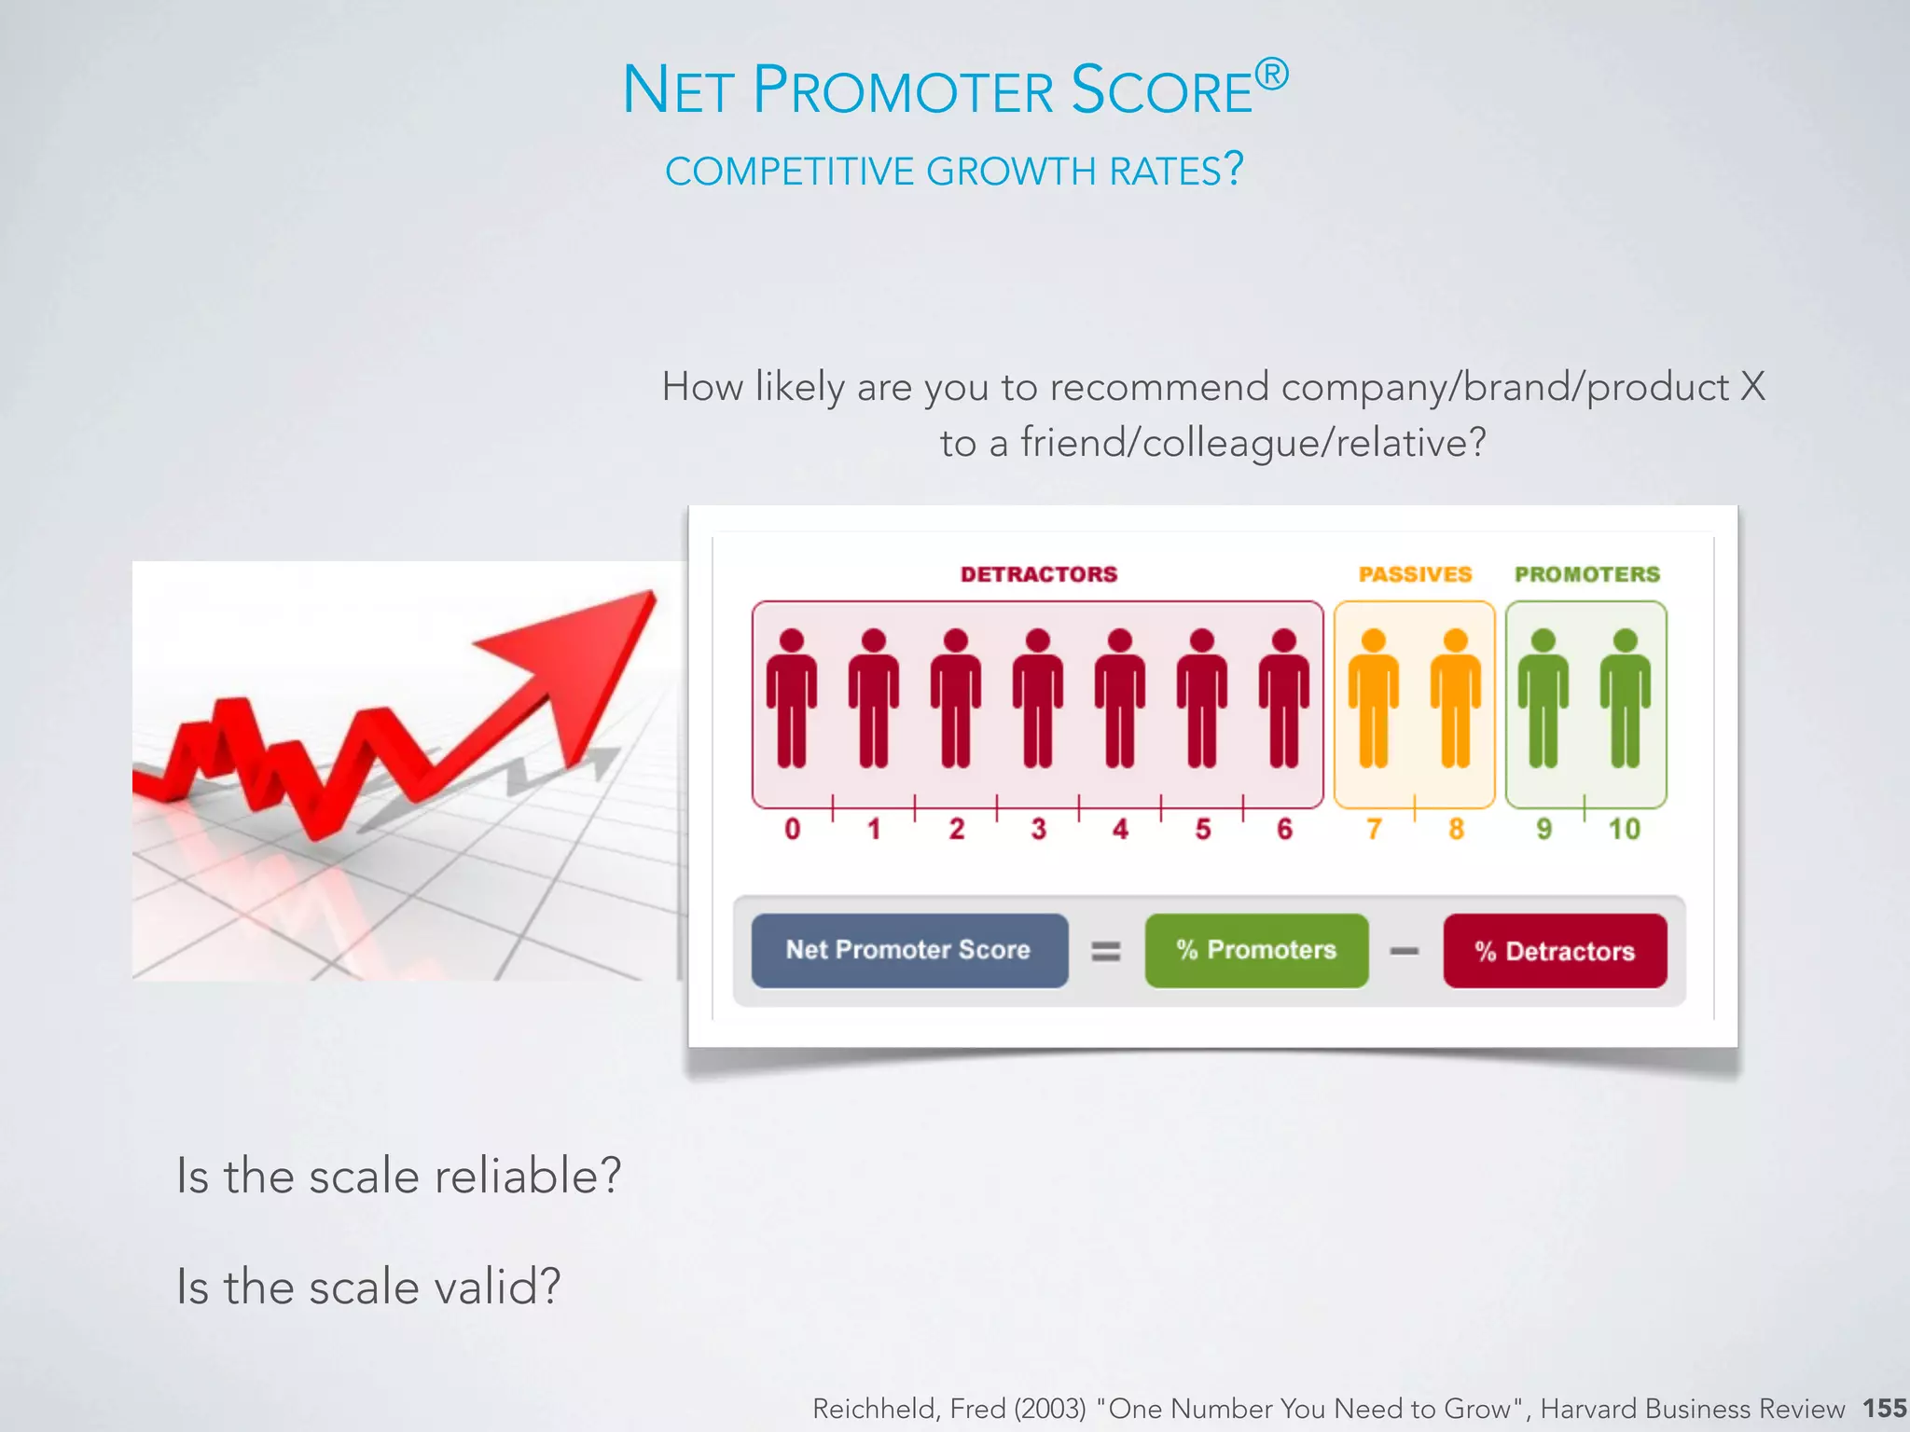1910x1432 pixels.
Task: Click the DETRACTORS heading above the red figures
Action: point(1038,574)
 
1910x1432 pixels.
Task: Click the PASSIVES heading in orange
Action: point(1414,574)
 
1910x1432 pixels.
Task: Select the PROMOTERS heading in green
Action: point(1586,574)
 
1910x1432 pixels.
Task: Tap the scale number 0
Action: point(792,829)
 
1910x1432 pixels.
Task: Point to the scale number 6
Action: point(1284,829)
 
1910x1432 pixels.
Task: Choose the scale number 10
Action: point(1624,829)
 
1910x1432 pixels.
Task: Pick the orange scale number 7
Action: point(1373,829)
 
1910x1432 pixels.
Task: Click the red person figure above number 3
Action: point(1037,699)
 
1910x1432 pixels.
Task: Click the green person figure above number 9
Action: point(1543,699)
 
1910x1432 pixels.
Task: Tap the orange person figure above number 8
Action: point(1455,699)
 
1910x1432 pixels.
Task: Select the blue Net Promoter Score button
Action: point(909,950)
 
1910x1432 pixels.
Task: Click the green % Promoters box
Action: point(1256,950)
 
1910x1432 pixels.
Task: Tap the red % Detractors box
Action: point(1555,951)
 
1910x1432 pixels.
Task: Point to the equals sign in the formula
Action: point(1106,951)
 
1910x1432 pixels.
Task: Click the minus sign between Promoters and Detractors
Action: point(1404,951)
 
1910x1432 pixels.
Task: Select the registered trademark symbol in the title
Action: point(1270,75)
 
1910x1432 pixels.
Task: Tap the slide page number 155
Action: point(1884,1408)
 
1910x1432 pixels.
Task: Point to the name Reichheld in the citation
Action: point(874,1409)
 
